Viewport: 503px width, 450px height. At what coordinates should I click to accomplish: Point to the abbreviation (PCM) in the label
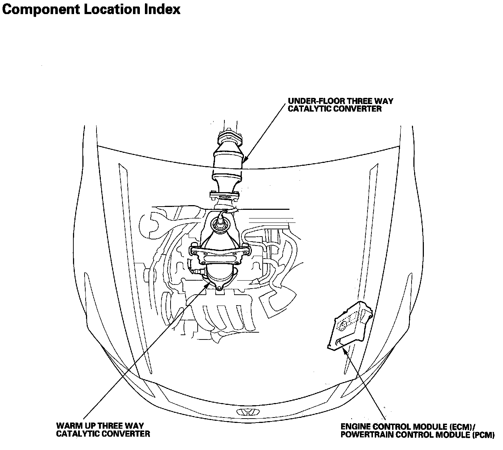(483, 435)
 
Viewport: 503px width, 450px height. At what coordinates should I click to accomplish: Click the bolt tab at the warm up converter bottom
(219, 288)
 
